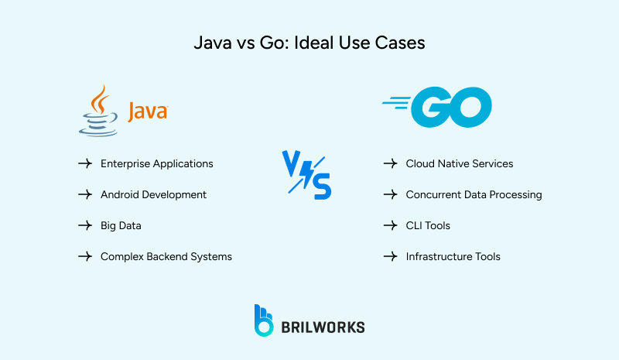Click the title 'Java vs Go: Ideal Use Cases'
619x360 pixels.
(x=309, y=43)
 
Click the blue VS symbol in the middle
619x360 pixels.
(x=306, y=175)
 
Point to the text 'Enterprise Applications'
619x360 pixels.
(x=156, y=164)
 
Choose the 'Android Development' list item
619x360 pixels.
(x=153, y=194)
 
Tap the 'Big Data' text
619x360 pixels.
(x=121, y=225)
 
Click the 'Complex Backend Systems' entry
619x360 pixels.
(x=166, y=256)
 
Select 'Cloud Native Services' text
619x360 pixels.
(x=459, y=164)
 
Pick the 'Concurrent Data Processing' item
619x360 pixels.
(x=474, y=194)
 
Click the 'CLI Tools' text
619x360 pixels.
(x=428, y=225)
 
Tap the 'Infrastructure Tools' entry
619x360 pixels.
(x=453, y=256)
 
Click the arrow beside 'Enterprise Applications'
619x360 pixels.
(x=85, y=164)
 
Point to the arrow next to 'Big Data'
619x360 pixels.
(x=85, y=225)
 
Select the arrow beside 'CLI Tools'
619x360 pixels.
(x=391, y=225)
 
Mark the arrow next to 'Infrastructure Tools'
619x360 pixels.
(x=391, y=256)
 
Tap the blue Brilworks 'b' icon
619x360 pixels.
(x=264, y=321)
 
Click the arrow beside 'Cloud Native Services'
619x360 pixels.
(x=391, y=164)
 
